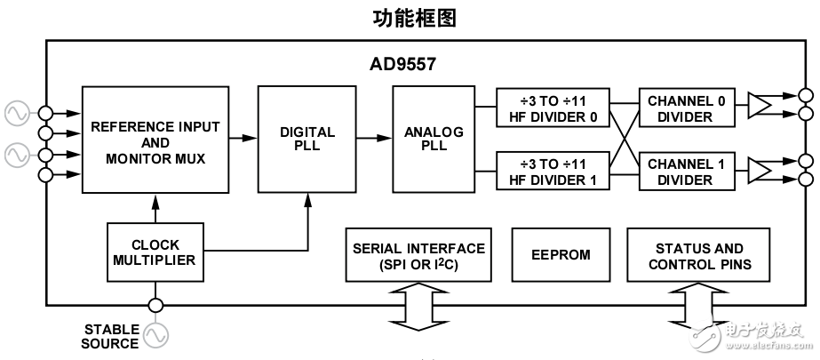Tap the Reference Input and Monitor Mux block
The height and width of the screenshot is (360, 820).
(x=155, y=141)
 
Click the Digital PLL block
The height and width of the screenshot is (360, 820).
(x=307, y=140)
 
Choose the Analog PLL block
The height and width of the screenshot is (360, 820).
(x=434, y=140)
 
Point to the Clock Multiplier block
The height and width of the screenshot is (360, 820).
(x=155, y=252)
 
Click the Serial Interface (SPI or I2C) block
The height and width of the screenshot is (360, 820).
(x=419, y=256)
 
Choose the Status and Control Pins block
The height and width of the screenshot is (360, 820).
(x=699, y=256)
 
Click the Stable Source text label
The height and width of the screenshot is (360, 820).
(x=111, y=336)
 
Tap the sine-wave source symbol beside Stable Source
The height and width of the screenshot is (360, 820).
(x=155, y=335)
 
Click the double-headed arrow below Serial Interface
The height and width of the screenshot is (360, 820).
(x=418, y=308)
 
